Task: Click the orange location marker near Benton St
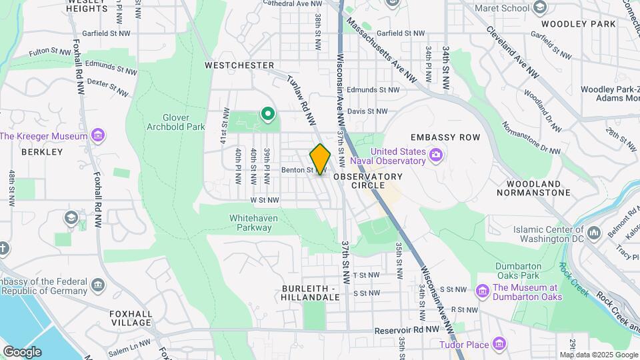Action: (320, 159)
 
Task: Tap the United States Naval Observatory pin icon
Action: (436, 156)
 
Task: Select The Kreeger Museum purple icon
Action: (98, 136)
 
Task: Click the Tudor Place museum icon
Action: (499, 345)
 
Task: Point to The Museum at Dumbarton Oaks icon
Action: (483, 291)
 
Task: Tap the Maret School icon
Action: (539, 8)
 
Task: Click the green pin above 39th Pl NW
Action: (268, 114)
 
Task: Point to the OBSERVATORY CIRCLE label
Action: (368, 181)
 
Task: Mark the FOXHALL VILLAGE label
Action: (131, 317)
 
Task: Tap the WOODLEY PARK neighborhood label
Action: (578, 24)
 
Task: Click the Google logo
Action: (22, 351)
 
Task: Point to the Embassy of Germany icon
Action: (98, 285)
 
